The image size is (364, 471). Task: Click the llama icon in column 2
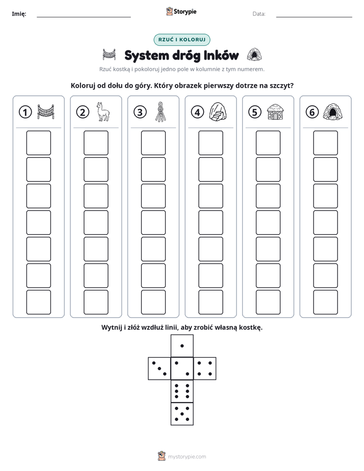102,112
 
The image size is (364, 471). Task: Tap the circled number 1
25,112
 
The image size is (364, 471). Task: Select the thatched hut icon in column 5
275,112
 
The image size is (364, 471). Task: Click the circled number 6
312,112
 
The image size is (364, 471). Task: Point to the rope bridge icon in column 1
46,112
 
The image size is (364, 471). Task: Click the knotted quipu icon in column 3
161,112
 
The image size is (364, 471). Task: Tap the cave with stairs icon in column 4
218,112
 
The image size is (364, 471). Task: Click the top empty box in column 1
38,143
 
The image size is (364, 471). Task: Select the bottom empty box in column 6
325,302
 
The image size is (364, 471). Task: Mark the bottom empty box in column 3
153,302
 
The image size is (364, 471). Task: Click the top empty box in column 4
211,143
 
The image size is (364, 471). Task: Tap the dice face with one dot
182,346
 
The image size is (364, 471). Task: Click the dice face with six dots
182,391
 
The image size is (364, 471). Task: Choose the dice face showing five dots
182,413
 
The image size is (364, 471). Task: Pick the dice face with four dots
205,369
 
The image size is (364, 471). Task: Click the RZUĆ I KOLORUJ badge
181,40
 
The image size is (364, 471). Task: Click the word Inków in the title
221,55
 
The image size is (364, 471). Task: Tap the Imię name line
84,17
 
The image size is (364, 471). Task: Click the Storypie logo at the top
181,12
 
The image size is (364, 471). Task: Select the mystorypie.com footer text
187,457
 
